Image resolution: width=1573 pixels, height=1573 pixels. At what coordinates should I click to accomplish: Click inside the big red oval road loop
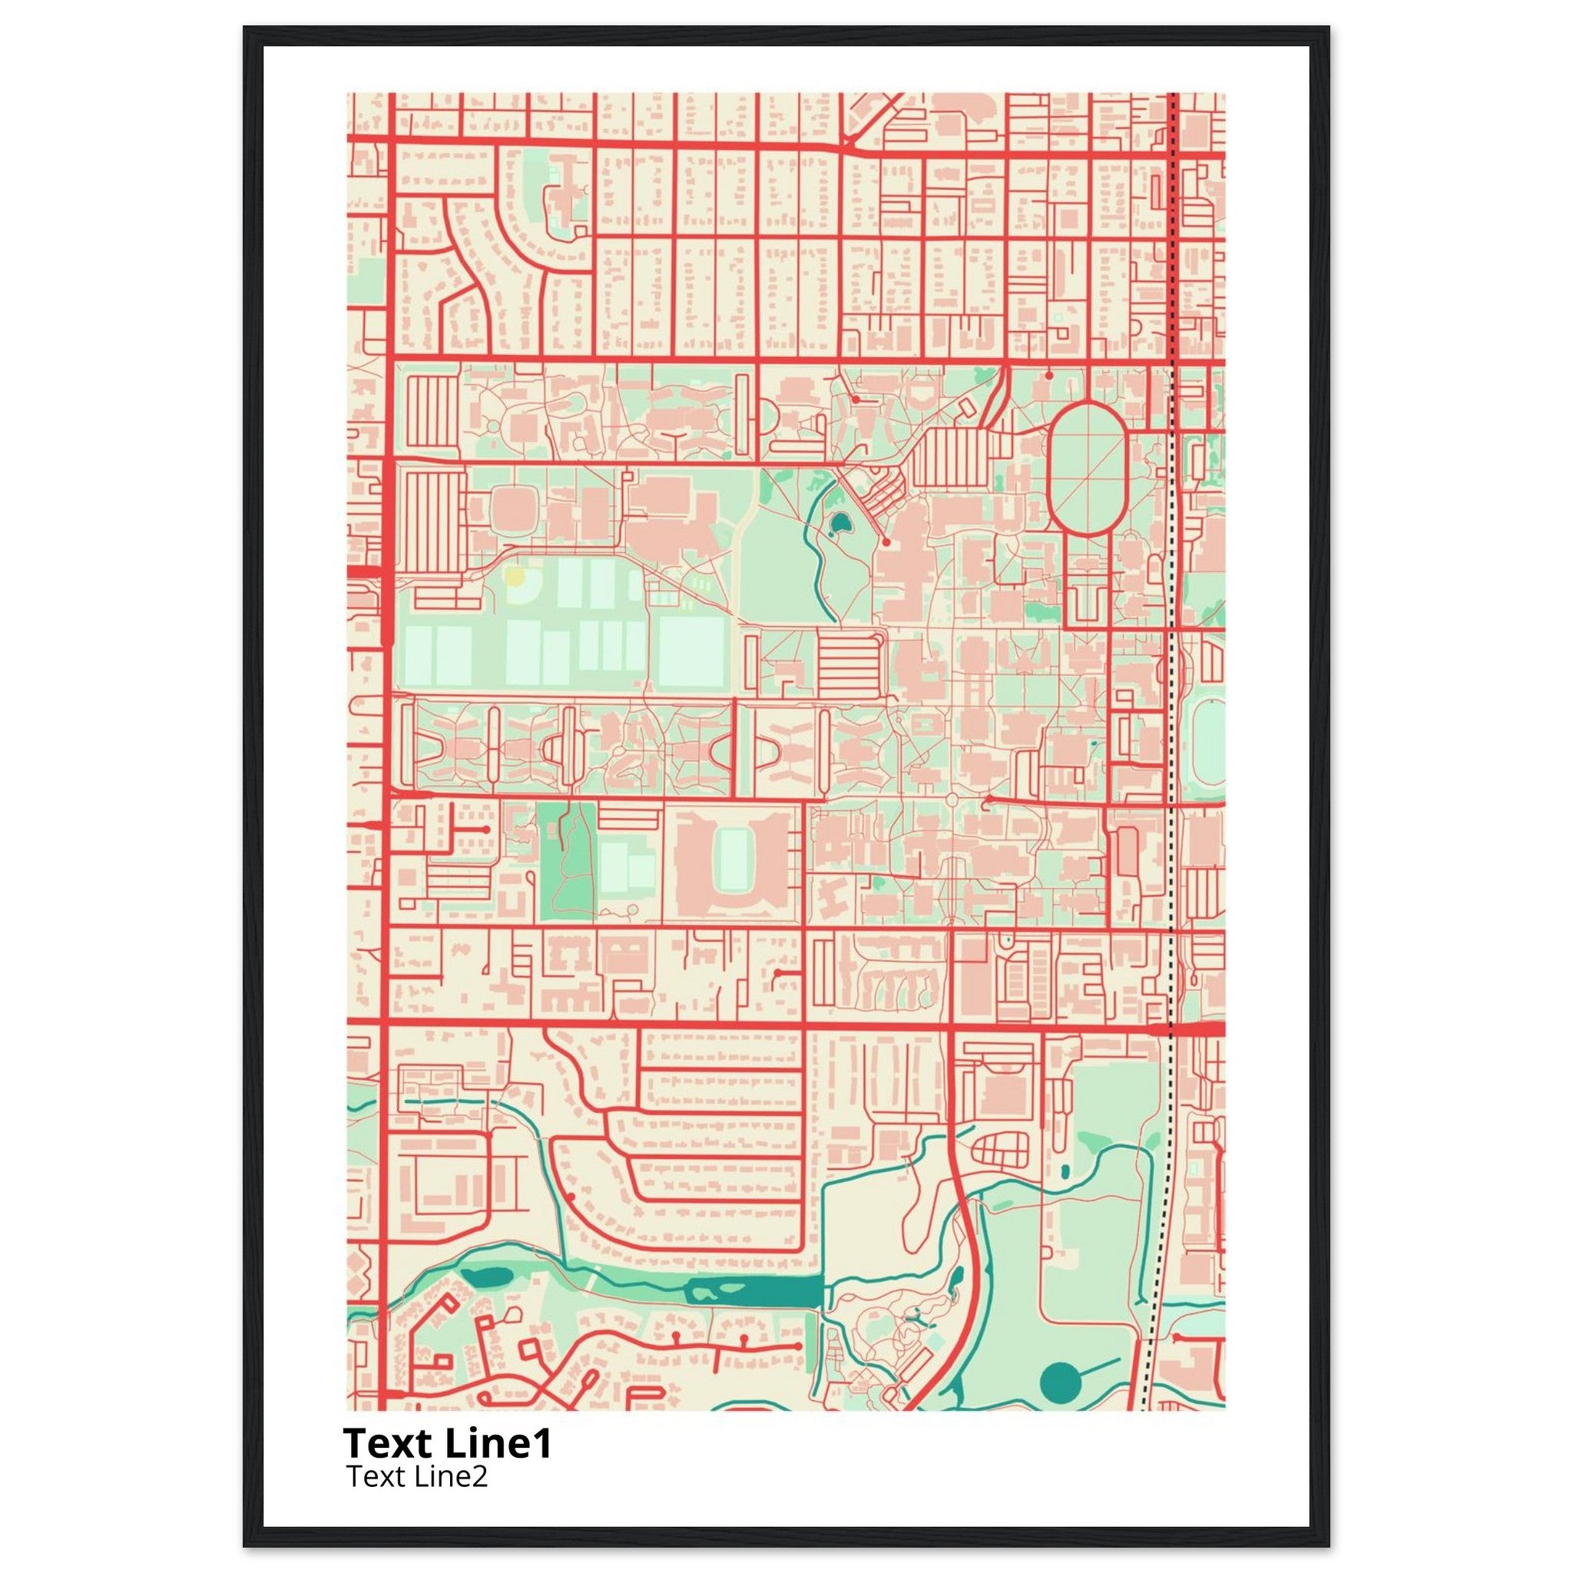coord(1087,469)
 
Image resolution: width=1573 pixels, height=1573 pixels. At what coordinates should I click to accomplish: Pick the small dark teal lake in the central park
coord(838,522)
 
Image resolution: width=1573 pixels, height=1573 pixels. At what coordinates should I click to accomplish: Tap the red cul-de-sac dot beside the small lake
coord(886,541)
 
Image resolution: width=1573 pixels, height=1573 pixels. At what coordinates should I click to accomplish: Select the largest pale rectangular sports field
coord(691,652)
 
